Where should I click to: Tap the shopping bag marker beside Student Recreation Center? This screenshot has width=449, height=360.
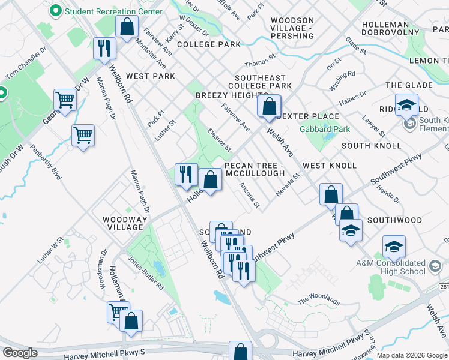tap(127, 27)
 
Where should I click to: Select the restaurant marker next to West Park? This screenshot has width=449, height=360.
tap(105, 48)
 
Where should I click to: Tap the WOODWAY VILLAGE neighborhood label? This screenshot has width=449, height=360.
tap(124, 223)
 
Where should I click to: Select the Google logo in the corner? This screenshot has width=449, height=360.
tap(20, 353)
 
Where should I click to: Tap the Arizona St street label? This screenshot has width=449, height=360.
tap(249, 196)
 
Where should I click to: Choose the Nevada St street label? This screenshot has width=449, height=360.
tap(287, 185)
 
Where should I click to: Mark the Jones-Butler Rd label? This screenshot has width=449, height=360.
tap(145, 273)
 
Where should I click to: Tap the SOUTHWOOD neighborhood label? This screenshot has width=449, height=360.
tap(394, 220)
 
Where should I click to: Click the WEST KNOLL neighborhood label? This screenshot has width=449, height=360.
tap(330, 165)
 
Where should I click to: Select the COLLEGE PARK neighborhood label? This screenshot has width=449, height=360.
tap(208, 44)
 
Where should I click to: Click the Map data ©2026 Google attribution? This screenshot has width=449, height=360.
tap(412, 355)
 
